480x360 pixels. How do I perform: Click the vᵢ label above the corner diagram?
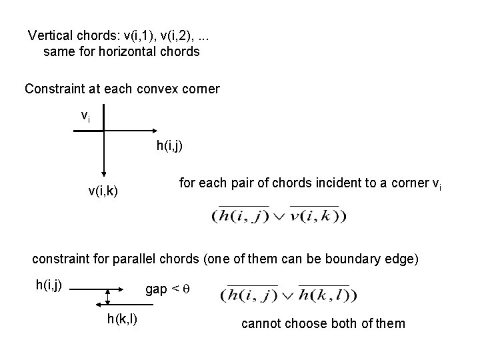point(85,116)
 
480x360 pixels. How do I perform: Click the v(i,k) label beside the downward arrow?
point(103,191)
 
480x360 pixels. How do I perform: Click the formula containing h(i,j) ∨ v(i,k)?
point(279,215)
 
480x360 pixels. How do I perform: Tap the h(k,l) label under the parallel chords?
point(122,319)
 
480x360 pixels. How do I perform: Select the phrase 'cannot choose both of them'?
point(322,323)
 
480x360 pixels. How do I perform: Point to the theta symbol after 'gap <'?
point(188,289)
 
